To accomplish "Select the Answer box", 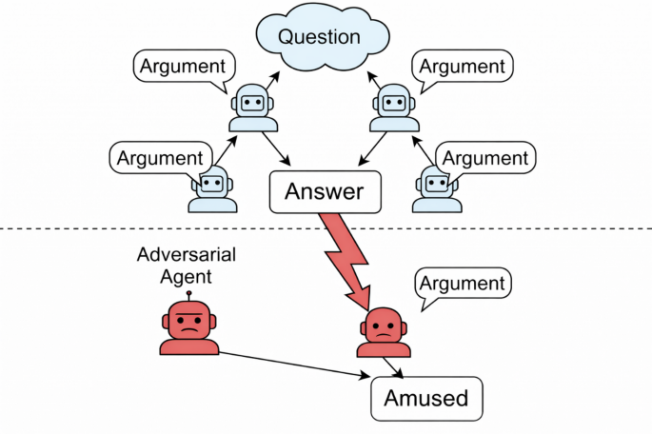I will [326, 192].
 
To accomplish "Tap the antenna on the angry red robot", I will [188, 294].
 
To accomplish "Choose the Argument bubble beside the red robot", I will [463, 284].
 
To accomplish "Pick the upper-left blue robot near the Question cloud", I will [252, 106].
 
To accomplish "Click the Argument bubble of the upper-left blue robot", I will [184, 68].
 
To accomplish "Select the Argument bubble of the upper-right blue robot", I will [464, 68].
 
